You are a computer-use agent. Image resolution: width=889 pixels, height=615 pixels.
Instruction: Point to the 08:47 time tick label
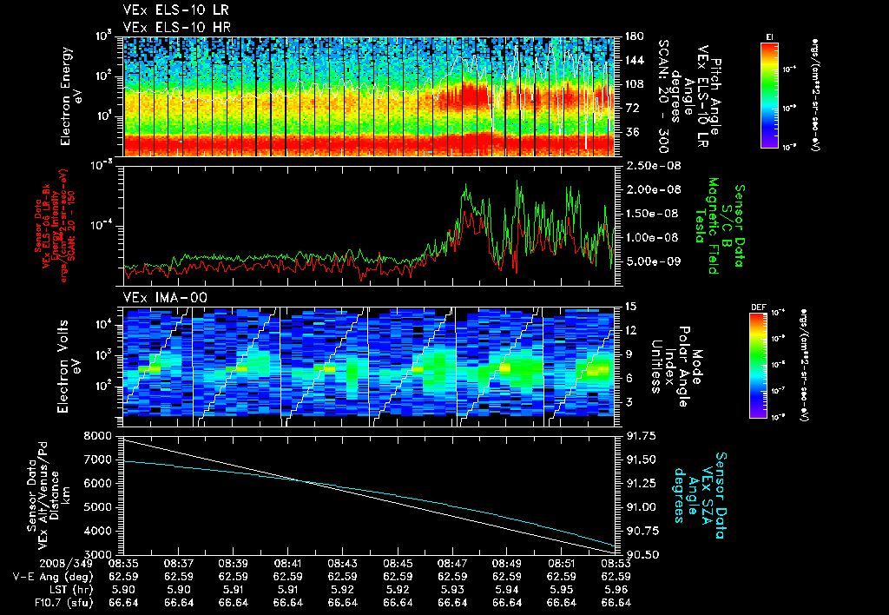[452, 563]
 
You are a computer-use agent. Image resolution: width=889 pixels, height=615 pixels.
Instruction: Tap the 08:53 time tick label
[616, 563]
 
